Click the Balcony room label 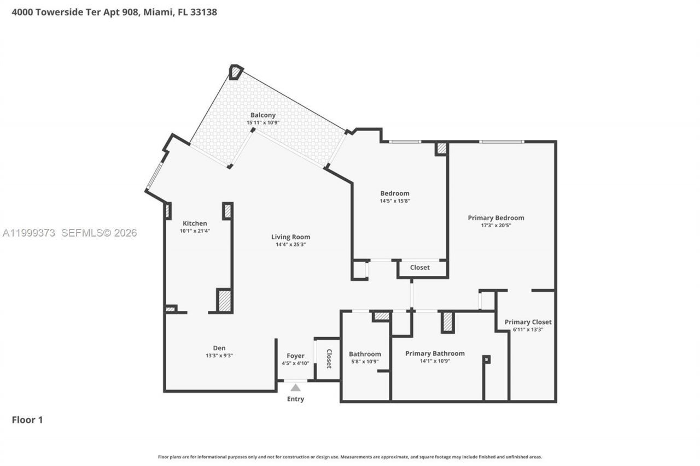[x=263, y=115]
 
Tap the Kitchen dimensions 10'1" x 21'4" [x=195, y=231]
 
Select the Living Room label [x=290, y=237]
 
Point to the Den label [x=219, y=348]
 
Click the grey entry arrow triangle [x=295, y=387]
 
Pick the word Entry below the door [x=295, y=399]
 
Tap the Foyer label [x=295, y=356]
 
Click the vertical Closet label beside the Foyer [x=329, y=358]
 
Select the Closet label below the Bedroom [x=419, y=268]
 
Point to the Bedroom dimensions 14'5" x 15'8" [x=394, y=201]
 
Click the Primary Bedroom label [x=496, y=218]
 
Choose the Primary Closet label [x=528, y=322]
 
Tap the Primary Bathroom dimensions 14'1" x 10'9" [x=435, y=361]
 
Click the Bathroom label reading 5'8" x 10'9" [x=364, y=361]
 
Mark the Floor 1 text [x=27, y=420]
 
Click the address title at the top [x=114, y=12]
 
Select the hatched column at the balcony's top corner [x=236, y=72]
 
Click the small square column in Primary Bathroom [x=486, y=359]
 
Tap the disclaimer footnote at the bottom [x=350, y=457]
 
